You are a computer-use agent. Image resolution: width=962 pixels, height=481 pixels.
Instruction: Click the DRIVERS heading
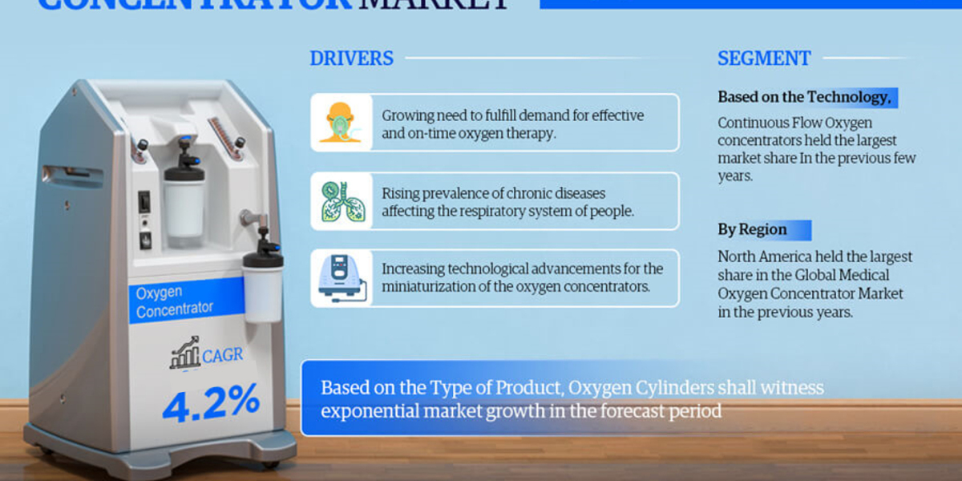pos(351,59)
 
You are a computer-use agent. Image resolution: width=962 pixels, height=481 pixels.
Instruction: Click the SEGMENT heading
pos(763,59)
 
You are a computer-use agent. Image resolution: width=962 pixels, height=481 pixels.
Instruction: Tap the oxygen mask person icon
pos(341,123)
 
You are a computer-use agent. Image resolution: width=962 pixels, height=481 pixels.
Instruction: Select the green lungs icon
pos(341,201)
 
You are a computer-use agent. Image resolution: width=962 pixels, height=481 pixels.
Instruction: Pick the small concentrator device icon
pos(341,277)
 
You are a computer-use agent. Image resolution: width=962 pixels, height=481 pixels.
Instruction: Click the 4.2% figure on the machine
pos(211,401)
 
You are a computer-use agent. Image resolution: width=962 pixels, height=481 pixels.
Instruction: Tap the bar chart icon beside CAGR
pos(185,353)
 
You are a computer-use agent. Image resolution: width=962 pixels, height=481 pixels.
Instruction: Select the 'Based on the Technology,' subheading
pos(804,97)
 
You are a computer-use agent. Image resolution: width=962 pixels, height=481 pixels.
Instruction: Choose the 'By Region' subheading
pos(751,230)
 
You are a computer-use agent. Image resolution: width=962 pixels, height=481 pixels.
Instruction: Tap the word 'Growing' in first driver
pos(407,115)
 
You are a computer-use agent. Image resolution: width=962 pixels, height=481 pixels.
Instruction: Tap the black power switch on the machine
pos(144,201)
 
